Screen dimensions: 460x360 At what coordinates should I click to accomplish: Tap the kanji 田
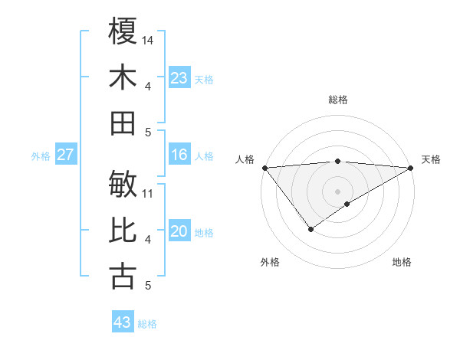123,123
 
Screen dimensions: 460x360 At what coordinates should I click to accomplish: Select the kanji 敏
123,184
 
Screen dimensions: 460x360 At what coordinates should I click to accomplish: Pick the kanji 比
123,231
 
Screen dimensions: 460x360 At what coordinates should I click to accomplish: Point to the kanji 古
123,277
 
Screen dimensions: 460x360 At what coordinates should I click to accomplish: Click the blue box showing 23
179,78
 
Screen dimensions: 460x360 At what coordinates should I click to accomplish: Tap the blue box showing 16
179,155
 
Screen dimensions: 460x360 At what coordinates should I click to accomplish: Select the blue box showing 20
179,232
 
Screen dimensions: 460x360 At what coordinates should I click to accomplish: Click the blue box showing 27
66,155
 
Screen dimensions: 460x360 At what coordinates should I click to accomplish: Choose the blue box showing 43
123,322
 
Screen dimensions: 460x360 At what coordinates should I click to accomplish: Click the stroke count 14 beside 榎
148,40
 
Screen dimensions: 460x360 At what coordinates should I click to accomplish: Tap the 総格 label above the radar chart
337,100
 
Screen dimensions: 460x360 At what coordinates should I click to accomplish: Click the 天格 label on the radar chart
431,159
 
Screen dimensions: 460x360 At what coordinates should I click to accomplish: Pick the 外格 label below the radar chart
270,262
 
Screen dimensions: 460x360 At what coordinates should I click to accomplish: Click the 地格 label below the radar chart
402,262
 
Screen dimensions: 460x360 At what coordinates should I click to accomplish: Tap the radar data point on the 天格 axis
411,167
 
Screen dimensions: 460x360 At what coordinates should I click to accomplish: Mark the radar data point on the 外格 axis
310,229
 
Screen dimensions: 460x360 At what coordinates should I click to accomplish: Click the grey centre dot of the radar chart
337,191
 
